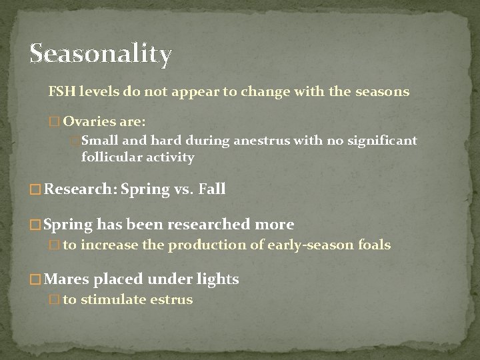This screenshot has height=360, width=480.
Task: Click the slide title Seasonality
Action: tap(101, 54)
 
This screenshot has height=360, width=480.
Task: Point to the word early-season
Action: tap(310, 245)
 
